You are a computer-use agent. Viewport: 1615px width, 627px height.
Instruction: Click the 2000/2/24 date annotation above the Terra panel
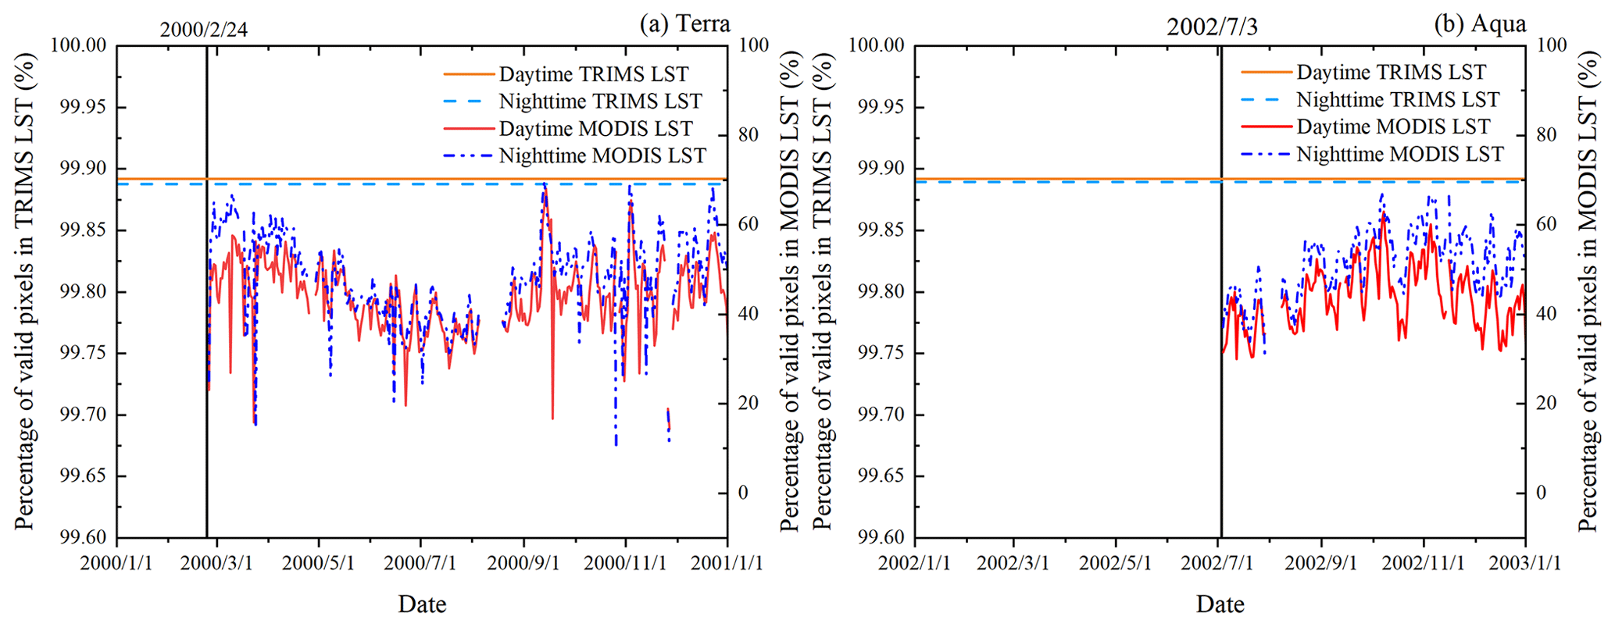click(x=204, y=30)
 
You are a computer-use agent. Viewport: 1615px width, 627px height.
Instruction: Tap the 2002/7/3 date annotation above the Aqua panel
click(x=1212, y=27)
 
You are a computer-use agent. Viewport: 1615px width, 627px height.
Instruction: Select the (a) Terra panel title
click(x=684, y=23)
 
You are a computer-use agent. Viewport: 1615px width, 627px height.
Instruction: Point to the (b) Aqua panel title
click(x=1480, y=23)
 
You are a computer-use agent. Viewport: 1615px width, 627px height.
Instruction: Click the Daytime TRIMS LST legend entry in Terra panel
click(x=593, y=74)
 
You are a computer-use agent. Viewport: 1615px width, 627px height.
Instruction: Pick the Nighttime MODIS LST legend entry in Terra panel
click(x=602, y=156)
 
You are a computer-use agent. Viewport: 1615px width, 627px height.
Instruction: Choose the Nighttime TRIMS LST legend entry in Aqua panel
click(x=1397, y=100)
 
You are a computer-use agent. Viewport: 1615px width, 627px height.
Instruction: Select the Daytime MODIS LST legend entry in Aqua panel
click(x=1393, y=126)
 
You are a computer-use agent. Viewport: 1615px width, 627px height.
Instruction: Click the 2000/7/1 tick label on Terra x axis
click(x=420, y=563)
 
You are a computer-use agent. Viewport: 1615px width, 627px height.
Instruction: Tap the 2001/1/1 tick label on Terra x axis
click(x=727, y=563)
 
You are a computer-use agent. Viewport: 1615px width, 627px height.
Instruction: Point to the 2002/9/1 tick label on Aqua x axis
click(x=1321, y=563)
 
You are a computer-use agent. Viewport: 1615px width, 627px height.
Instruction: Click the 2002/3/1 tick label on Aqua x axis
click(x=1014, y=563)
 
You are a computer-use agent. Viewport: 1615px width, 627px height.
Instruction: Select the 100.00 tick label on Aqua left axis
click(x=876, y=45)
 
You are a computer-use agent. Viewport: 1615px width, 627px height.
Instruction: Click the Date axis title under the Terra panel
click(x=422, y=604)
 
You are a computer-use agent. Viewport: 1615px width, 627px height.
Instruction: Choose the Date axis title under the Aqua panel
click(x=1220, y=604)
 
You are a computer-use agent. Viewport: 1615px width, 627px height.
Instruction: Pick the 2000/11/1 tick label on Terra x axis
click(x=625, y=563)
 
